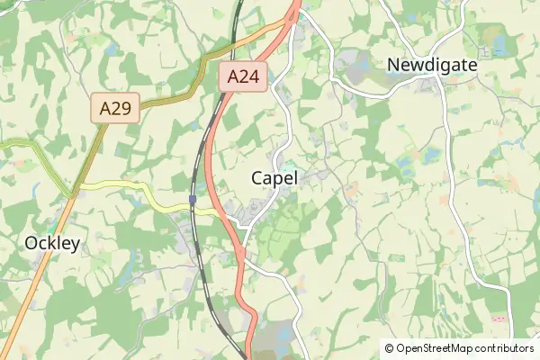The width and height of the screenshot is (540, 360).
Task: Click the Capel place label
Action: pos(274,178)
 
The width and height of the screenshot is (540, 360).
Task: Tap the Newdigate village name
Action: pos(431,65)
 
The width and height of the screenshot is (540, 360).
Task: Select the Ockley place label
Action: pos(52,243)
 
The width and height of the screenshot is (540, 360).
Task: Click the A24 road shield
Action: pos(244,77)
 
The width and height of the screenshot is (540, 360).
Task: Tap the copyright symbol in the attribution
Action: pos(389,348)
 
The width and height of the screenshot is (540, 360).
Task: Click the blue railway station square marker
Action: pos(193,198)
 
